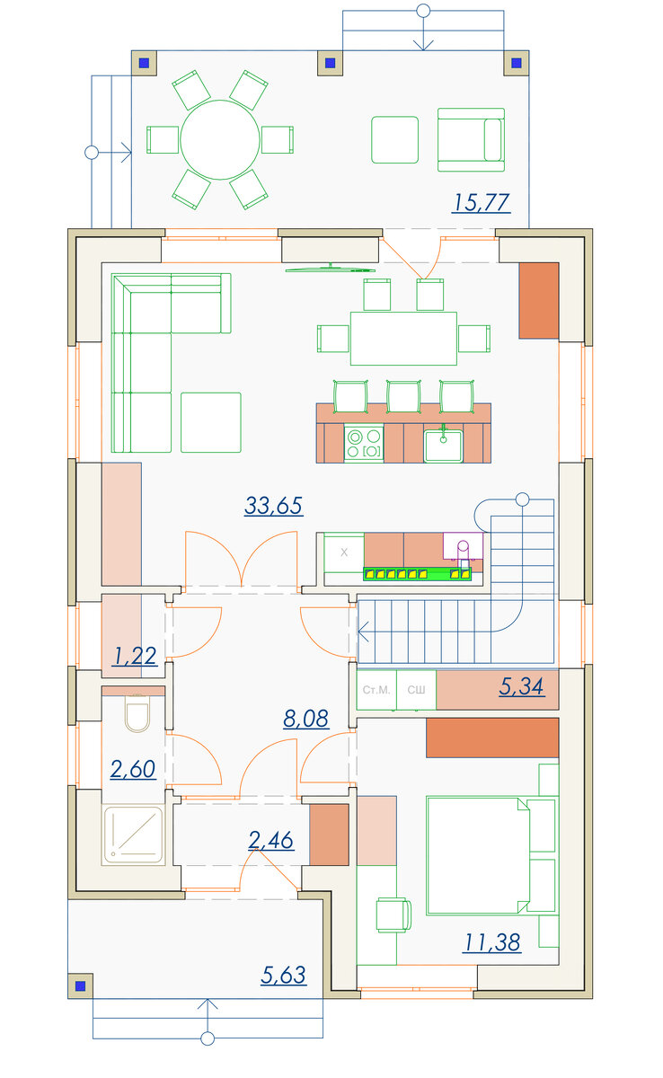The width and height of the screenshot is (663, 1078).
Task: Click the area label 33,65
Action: coord(273,505)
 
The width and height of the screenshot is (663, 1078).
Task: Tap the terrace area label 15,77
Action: coord(482,202)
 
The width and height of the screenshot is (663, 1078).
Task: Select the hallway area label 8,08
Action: coord(306,718)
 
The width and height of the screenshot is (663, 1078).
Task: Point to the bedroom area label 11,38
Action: coord(491,942)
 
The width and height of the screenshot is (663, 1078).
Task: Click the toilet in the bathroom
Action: coord(137,712)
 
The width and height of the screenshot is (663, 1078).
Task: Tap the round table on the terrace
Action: coord(220,139)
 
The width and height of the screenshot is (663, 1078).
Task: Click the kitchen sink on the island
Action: coord(443,446)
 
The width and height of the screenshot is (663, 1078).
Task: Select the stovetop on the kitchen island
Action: coord(364,443)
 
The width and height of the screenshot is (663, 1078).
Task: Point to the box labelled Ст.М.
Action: coord(376,690)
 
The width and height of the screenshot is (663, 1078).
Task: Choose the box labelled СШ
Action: coord(416,690)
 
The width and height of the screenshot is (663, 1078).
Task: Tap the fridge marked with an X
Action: coord(344,552)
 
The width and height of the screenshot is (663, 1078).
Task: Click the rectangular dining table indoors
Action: coord(403,339)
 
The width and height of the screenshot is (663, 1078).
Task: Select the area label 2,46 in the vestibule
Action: coord(271,840)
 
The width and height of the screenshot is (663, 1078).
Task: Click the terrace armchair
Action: coord(471,139)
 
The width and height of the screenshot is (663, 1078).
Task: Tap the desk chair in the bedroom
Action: coord(393,915)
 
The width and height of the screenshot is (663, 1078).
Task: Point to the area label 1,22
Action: coord(134,656)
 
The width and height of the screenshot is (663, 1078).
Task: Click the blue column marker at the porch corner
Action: coord(80,986)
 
